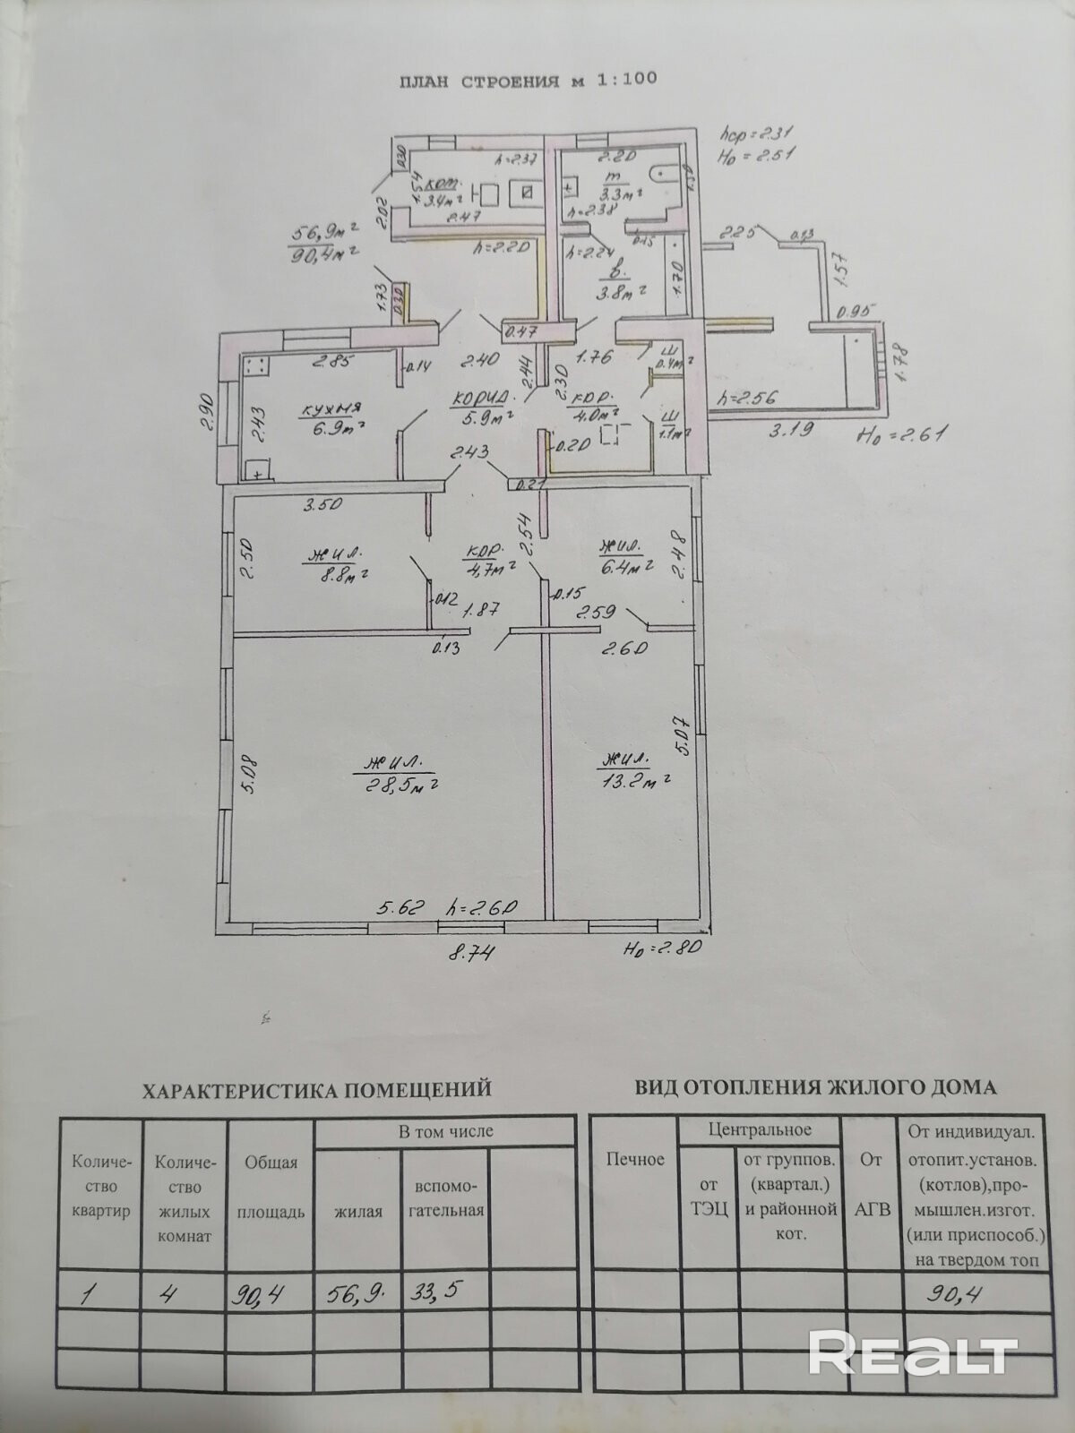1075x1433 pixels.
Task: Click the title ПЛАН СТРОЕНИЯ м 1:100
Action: click(x=528, y=79)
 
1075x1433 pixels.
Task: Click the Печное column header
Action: click(x=635, y=1159)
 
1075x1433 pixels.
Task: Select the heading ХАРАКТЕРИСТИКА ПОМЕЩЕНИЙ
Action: click(x=318, y=1090)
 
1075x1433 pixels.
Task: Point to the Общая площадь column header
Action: click(x=271, y=1187)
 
